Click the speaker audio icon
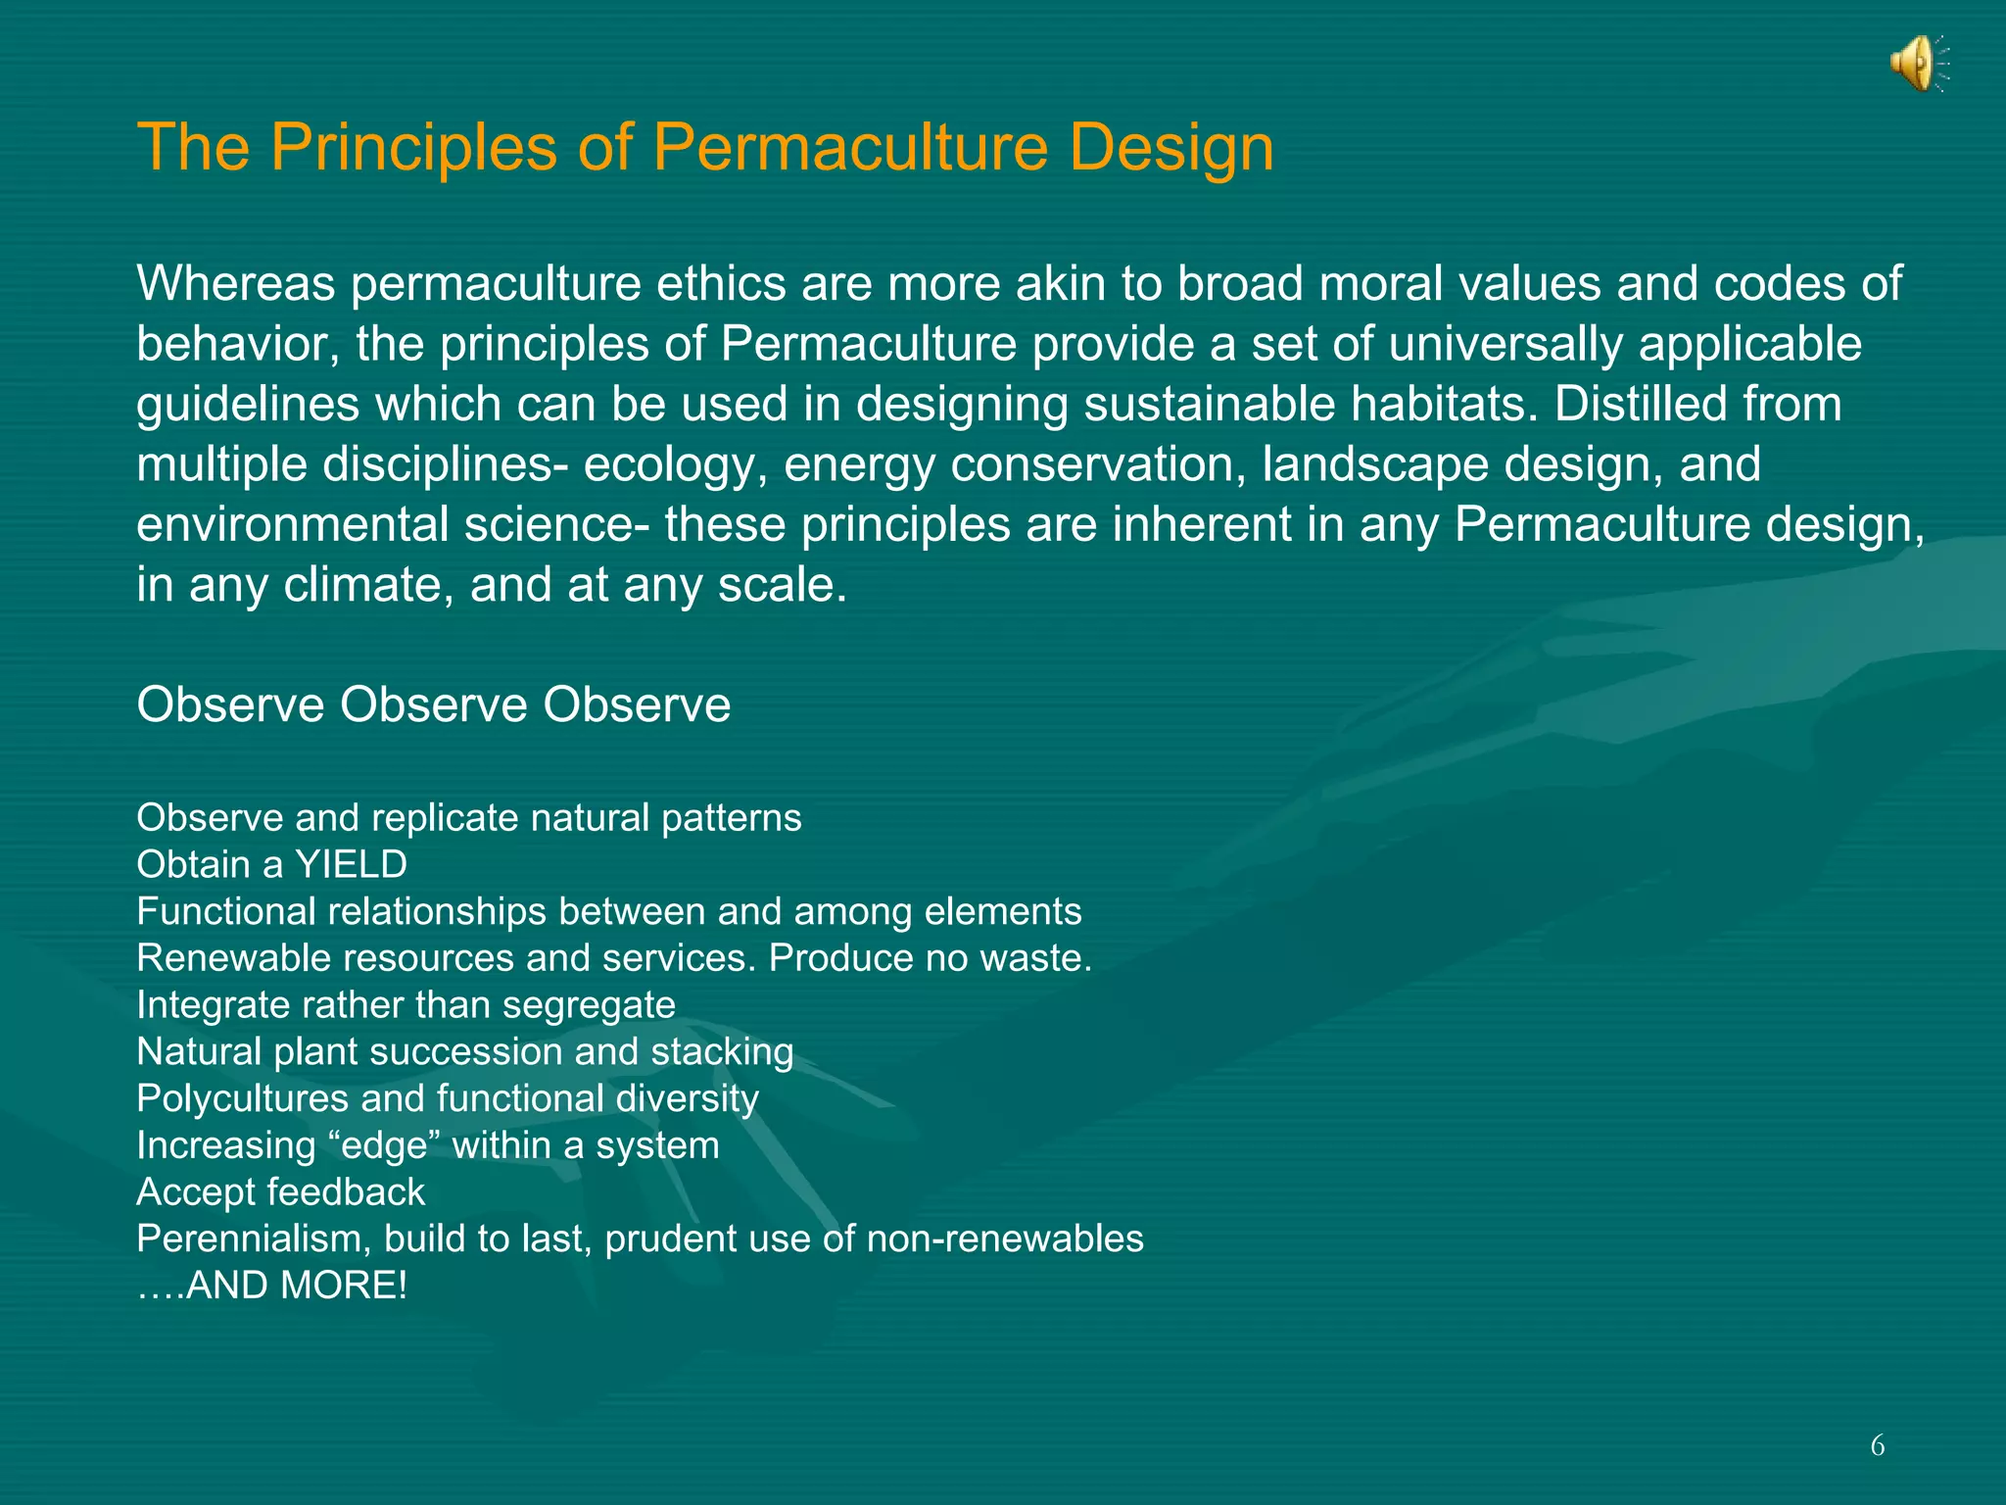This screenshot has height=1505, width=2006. pyautogui.click(x=1918, y=64)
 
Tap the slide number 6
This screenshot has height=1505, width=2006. pyautogui.click(x=1877, y=1445)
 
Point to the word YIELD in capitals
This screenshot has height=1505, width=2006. pyautogui.click(x=351, y=865)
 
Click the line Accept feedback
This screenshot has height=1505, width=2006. pyautogui.click(x=280, y=1192)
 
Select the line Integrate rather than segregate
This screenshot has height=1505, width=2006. pyautogui.click(x=406, y=1005)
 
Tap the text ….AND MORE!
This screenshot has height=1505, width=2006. pyautogui.click(x=271, y=1286)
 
